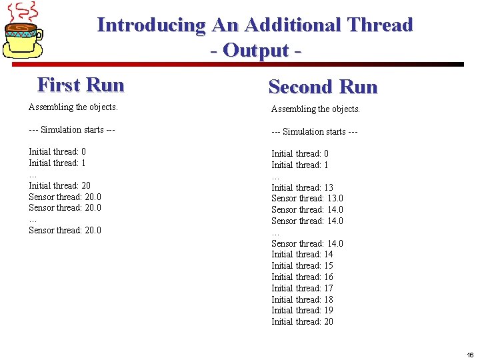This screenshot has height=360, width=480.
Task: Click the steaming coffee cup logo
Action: [24, 33]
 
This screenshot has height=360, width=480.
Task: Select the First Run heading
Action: [81, 85]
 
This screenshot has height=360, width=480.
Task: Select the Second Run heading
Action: [323, 87]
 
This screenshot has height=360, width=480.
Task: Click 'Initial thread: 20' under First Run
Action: [59, 185]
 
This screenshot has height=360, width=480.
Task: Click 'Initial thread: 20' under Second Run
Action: [302, 321]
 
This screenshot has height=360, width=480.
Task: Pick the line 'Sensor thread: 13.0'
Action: [307, 199]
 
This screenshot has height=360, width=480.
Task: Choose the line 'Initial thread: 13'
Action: [302, 187]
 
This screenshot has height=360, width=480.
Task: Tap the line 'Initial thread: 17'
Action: [302, 288]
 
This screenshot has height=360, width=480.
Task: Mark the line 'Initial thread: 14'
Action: [302, 254]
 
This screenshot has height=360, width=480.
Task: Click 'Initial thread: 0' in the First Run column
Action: [57, 151]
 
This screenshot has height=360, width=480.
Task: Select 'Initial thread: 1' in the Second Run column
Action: [300, 165]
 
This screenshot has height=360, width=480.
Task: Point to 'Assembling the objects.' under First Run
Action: [73, 107]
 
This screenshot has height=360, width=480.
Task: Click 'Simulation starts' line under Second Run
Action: [315, 131]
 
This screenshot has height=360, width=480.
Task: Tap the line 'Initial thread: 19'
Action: [302, 310]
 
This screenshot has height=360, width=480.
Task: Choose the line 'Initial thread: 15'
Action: [302, 265]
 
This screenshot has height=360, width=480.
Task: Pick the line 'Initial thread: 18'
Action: [302, 299]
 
